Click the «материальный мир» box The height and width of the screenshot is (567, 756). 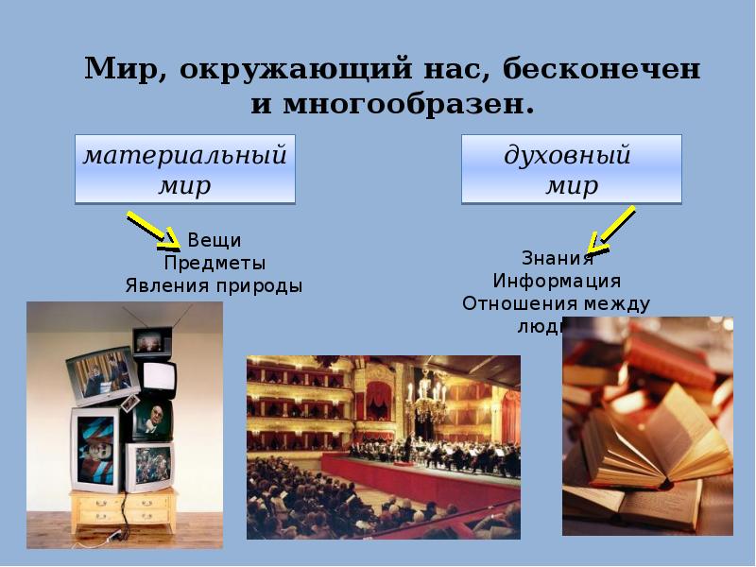pyautogui.click(x=184, y=169)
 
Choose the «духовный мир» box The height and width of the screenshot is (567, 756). pyautogui.click(x=571, y=169)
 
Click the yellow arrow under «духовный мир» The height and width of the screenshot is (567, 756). pyautogui.click(x=610, y=232)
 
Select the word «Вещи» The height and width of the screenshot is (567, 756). pyautogui.click(x=214, y=240)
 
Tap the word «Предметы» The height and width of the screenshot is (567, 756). pyautogui.click(x=214, y=263)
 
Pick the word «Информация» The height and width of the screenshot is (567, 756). pyautogui.click(x=557, y=281)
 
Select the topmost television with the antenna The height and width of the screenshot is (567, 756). pyautogui.click(x=152, y=340)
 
